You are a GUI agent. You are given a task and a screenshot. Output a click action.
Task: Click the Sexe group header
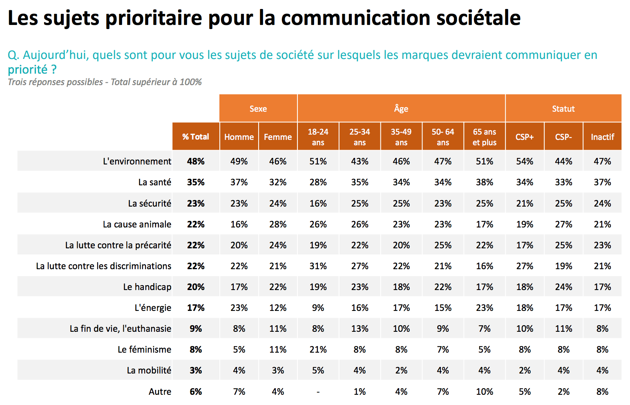pyautogui.click(x=258, y=109)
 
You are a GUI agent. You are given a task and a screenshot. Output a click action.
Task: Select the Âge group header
pyautogui.click(x=401, y=109)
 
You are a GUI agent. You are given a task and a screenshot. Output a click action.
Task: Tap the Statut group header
pyautogui.click(x=563, y=109)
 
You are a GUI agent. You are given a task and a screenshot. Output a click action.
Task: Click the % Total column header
pyautogui.click(x=196, y=137)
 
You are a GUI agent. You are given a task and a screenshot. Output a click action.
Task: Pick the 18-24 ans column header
pyautogui.click(x=318, y=137)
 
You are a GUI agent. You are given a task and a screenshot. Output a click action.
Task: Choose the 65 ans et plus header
pyautogui.click(x=484, y=137)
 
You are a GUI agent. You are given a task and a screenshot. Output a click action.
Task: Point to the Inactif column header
pyautogui.click(x=602, y=137)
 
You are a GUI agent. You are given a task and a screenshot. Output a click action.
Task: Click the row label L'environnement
pyautogui.click(x=137, y=161)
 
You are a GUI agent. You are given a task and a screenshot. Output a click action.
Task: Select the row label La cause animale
pyautogui.click(x=137, y=224)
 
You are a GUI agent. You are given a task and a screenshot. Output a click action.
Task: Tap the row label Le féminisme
pyautogui.click(x=144, y=349)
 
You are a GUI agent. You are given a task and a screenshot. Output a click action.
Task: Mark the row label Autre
pyautogui.click(x=160, y=391)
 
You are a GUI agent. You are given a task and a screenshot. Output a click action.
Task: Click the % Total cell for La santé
pyautogui.click(x=196, y=182)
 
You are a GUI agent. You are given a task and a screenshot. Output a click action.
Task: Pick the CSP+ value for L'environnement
pyautogui.click(x=524, y=161)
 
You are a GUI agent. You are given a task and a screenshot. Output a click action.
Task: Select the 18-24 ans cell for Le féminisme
pyautogui.click(x=318, y=349)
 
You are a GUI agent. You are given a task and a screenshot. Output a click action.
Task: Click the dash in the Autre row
pyautogui.click(x=318, y=391)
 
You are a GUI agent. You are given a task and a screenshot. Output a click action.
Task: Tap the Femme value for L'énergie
pyautogui.click(x=278, y=308)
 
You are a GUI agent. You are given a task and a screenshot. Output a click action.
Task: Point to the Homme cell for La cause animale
pyautogui.click(x=239, y=224)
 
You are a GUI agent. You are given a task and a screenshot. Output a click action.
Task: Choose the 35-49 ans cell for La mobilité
pyautogui.click(x=401, y=370)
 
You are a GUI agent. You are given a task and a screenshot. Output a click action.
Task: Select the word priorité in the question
pyautogui.click(x=28, y=70)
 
